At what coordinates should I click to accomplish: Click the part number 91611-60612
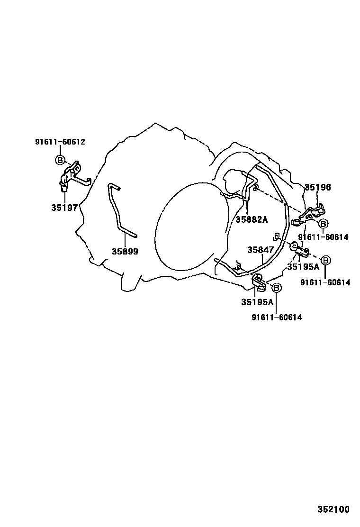pyautogui.click(x=60, y=142)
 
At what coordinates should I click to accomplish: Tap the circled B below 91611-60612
pyautogui.click(x=60, y=160)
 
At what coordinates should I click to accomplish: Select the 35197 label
pyautogui.click(x=64, y=208)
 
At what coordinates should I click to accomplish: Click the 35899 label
pyautogui.click(x=125, y=251)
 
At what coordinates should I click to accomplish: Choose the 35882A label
pyautogui.click(x=252, y=219)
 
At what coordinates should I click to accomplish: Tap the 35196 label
pyautogui.click(x=318, y=187)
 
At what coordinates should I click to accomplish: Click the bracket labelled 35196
pyautogui.click(x=309, y=214)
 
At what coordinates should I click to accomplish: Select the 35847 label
pyautogui.click(x=261, y=250)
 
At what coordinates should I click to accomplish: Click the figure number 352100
pyautogui.click(x=333, y=509)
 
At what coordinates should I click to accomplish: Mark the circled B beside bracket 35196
pyautogui.click(x=323, y=224)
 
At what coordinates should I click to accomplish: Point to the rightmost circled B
pyautogui.click(x=326, y=260)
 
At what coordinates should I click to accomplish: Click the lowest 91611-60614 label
pyautogui.click(x=277, y=317)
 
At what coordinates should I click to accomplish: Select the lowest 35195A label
pyautogui.click(x=257, y=302)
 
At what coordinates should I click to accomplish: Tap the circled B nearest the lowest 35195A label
pyautogui.click(x=276, y=288)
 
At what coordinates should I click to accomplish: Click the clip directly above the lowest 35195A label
pyautogui.click(x=259, y=282)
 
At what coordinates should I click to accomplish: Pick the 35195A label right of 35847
pyautogui.click(x=303, y=267)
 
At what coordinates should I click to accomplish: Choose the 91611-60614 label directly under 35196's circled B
pyautogui.click(x=323, y=237)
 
